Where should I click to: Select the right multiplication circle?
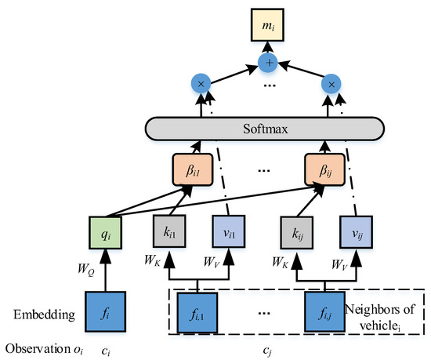coord(332,85)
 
